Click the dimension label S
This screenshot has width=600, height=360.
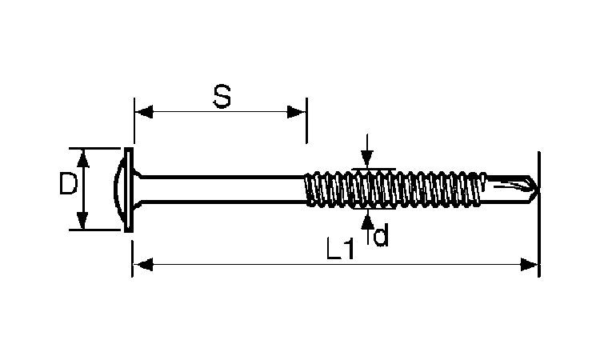(x=222, y=97)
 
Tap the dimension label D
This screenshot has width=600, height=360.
(x=69, y=183)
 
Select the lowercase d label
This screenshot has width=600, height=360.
(x=381, y=234)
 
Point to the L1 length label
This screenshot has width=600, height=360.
(x=340, y=249)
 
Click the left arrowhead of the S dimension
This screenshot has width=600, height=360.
(x=144, y=112)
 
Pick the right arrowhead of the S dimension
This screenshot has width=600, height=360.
(x=297, y=112)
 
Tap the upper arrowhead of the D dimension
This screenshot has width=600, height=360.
(x=82, y=158)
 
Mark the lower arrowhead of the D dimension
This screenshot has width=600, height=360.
(x=82, y=220)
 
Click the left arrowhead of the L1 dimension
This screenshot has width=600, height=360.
(x=143, y=264)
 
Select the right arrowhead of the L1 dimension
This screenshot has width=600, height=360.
(x=530, y=264)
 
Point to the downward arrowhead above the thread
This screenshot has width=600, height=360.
(x=367, y=159)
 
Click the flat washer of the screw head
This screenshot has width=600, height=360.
(x=130, y=190)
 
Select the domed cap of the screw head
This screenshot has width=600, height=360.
(x=119, y=190)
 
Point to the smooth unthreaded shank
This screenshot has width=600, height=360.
(x=223, y=190)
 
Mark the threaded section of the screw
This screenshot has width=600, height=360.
(x=396, y=190)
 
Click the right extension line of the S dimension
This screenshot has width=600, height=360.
(x=306, y=121)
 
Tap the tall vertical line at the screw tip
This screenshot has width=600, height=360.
(x=539, y=214)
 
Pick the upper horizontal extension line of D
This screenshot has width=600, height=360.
(x=95, y=148)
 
